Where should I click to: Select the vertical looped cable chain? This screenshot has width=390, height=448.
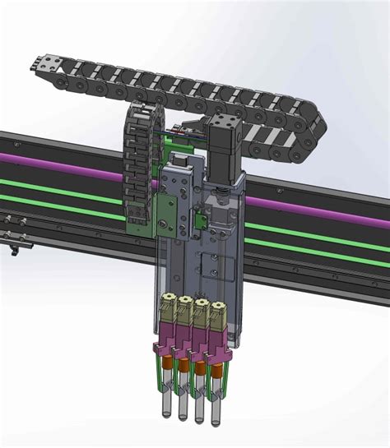pos(137,164)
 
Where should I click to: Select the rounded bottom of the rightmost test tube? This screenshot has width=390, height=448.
pos(216,421)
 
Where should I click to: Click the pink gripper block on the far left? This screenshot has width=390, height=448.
pos(165,335)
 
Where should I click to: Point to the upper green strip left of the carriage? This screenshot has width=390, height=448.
pos(66,182)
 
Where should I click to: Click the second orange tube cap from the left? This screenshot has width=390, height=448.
pos(181,363)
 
